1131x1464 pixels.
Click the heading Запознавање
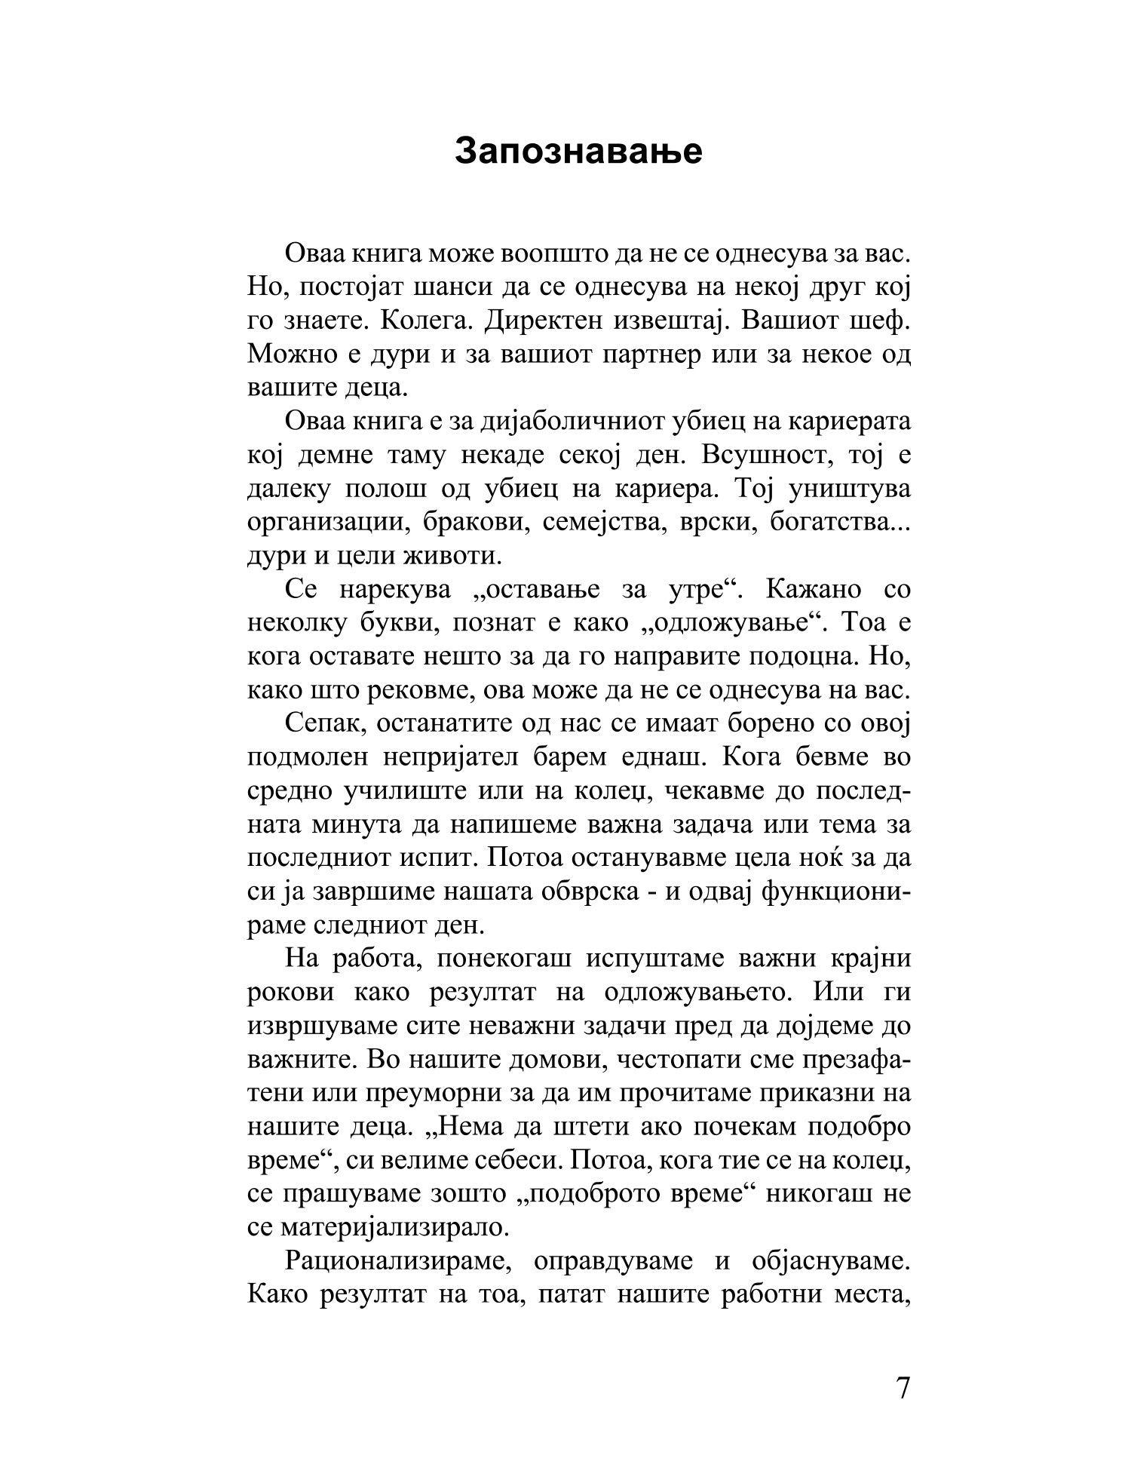(578, 151)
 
